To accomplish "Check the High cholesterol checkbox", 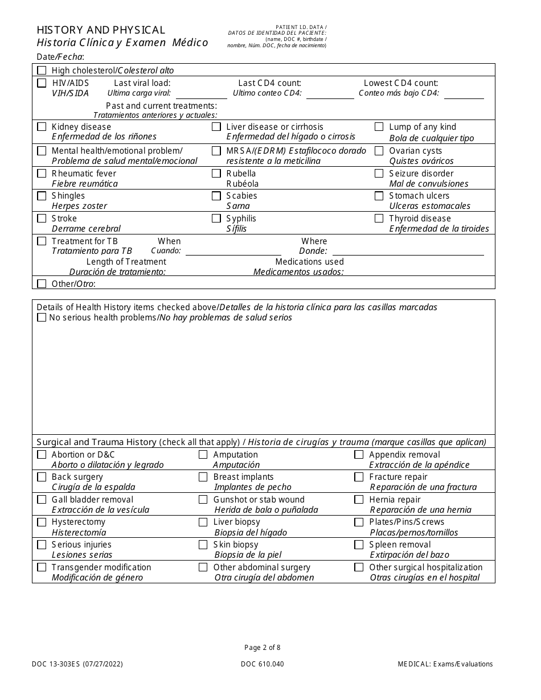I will [x=42, y=71].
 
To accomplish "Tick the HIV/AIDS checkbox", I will [x=42, y=83].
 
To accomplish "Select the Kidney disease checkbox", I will [x=42, y=127].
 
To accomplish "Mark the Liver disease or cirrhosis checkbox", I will [x=216, y=127].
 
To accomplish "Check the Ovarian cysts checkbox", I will [x=379, y=151].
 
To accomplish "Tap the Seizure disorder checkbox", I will [x=379, y=174].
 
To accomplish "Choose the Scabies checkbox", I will [x=216, y=196].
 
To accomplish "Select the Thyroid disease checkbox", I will [x=379, y=219].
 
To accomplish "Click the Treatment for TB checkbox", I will [x=42, y=241].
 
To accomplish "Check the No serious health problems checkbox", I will [x=42, y=318].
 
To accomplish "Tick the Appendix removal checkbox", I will [x=359, y=455].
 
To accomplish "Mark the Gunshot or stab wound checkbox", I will [x=203, y=500].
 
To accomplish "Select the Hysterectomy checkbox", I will [x=42, y=522].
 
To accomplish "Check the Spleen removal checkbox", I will [x=359, y=545].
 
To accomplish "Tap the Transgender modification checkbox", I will [x=42, y=567].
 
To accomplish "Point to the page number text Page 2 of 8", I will [x=263, y=647].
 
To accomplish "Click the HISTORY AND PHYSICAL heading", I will [x=101, y=30].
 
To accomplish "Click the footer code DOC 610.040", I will [x=263, y=664].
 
